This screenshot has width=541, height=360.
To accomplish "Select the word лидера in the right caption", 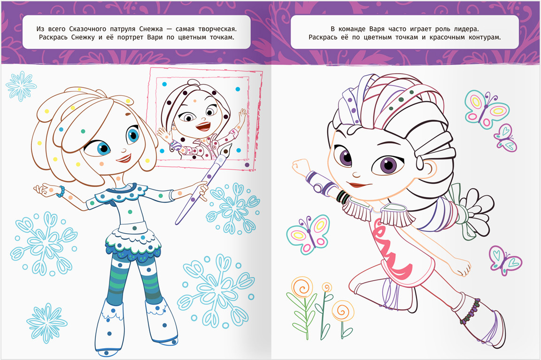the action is click(465, 29).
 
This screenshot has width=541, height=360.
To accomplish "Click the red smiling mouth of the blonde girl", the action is click(124, 158).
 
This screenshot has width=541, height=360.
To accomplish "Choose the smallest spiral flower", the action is click(326, 287).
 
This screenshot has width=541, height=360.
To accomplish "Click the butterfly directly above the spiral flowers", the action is click(308, 235).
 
